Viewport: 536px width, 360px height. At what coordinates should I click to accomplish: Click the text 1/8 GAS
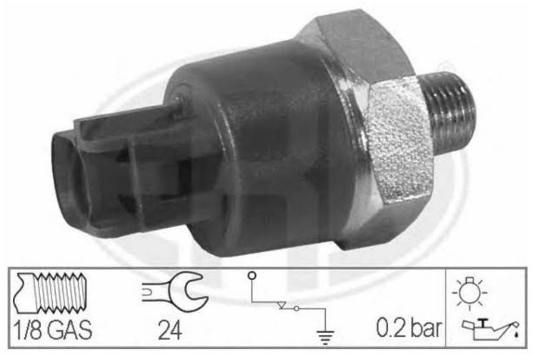[52, 329]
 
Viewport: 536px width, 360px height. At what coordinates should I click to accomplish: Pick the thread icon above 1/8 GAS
[50, 293]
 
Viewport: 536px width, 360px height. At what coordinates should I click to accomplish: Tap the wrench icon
[174, 291]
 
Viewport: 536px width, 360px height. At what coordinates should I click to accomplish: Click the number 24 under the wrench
[169, 330]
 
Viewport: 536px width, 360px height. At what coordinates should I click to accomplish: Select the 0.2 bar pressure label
[409, 328]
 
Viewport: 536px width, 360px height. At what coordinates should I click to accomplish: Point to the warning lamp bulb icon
[470, 292]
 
